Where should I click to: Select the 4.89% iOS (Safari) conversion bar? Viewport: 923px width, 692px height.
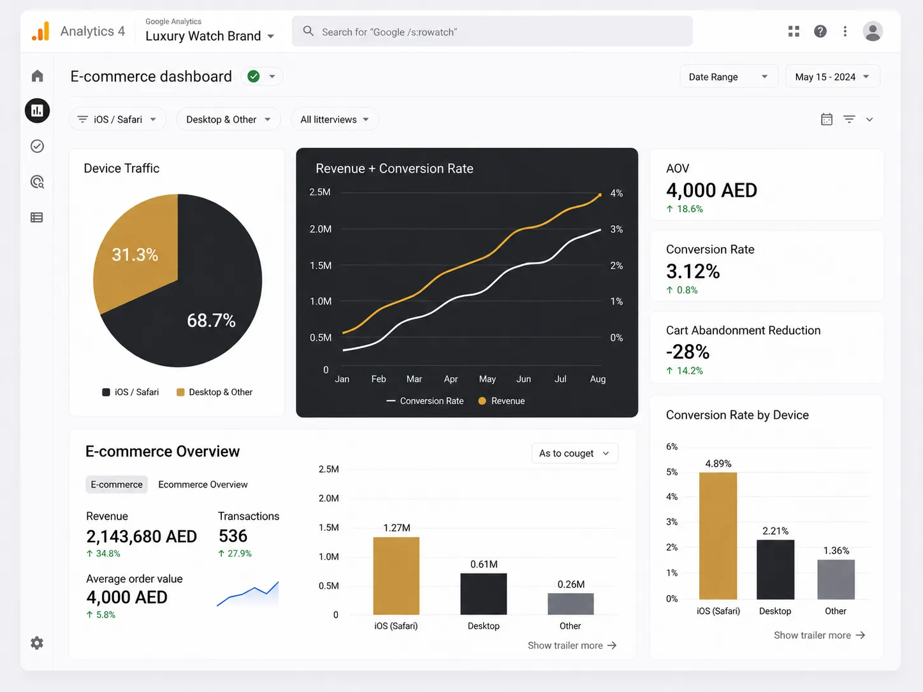pos(718,536)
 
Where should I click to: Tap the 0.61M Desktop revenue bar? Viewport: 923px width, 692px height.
pos(483,594)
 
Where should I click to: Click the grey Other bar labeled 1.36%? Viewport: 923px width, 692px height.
pos(836,579)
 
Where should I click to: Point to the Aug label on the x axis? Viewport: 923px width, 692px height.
pos(597,379)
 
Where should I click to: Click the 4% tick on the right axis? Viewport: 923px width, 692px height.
pos(616,193)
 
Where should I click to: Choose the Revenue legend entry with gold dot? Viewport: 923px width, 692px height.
pos(501,401)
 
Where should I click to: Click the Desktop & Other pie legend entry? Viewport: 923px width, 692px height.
pos(214,392)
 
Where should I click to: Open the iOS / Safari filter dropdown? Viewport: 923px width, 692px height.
pos(118,119)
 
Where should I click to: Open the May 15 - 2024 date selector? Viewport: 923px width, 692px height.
pos(832,77)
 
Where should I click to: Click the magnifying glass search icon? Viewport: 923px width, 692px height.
pos(309,31)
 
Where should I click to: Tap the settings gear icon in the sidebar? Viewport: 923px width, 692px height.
pos(37,643)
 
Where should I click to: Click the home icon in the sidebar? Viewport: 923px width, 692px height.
pos(38,76)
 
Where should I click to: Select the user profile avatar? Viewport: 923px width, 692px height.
pos(873,31)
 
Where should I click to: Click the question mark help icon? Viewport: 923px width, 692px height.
pos(820,31)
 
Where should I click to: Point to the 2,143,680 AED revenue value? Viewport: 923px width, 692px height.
pos(142,537)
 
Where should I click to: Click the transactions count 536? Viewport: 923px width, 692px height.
pos(233,536)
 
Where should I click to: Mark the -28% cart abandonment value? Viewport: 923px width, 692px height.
pos(688,352)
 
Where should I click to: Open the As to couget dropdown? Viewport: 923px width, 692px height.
pos(574,453)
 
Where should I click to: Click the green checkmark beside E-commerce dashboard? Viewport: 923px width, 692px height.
pos(254,76)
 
